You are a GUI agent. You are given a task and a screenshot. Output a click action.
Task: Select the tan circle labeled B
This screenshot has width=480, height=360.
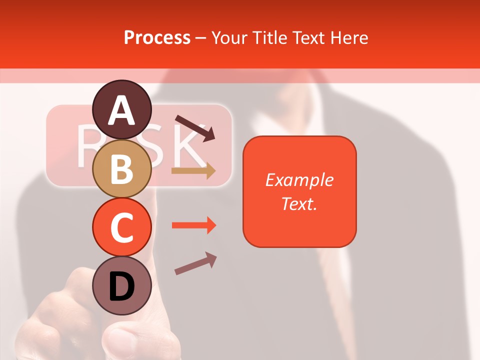click(121, 168)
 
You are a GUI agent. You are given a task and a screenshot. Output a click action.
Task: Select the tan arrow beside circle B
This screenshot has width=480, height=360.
click(193, 171)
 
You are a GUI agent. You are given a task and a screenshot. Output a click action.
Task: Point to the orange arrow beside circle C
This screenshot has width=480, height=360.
click(193, 225)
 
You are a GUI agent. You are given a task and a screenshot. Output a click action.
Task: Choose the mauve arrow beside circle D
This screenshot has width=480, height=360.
click(195, 263)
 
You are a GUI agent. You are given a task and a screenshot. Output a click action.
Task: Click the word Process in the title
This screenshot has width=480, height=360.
click(157, 37)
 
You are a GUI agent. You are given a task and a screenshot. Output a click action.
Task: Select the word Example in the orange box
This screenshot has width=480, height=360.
click(299, 180)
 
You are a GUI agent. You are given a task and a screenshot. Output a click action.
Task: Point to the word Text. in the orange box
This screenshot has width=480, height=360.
click(299, 203)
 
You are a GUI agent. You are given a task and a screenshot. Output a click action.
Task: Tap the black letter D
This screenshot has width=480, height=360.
click(121, 287)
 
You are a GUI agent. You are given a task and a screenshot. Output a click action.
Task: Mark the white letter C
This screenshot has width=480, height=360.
click(121, 227)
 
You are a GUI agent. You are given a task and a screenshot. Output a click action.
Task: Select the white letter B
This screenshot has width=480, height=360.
click(121, 169)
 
